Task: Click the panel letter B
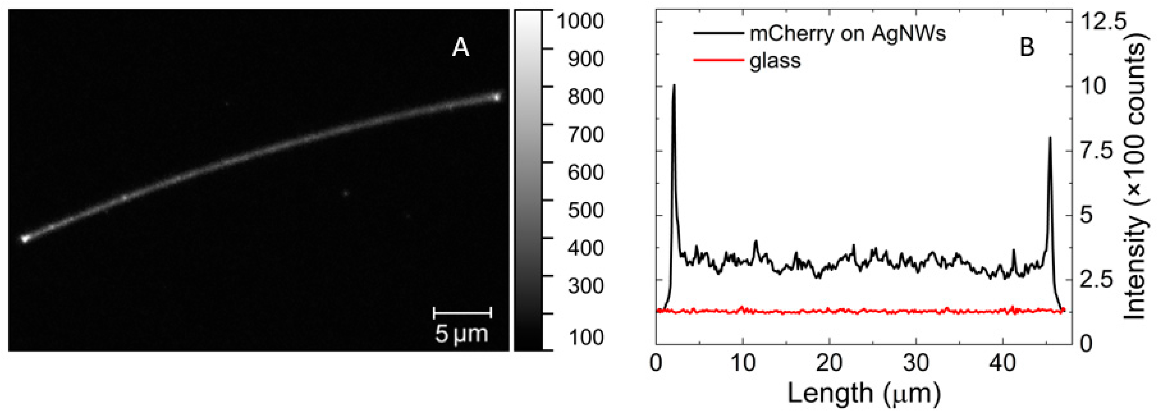pyautogui.click(x=1027, y=47)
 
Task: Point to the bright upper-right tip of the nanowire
pyautogui.click(x=497, y=96)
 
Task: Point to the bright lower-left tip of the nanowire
pyautogui.click(x=25, y=238)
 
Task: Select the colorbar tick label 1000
pyautogui.click(x=580, y=21)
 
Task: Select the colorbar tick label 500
pyautogui.click(x=585, y=210)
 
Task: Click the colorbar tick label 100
pyautogui.click(x=585, y=337)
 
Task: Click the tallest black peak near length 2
pyautogui.click(x=674, y=86)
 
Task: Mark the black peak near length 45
pyautogui.click(x=1050, y=139)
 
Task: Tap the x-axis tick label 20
pyautogui.click(x=829, y=363)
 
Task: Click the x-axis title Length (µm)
pyautogui.click(x=864, y=393)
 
